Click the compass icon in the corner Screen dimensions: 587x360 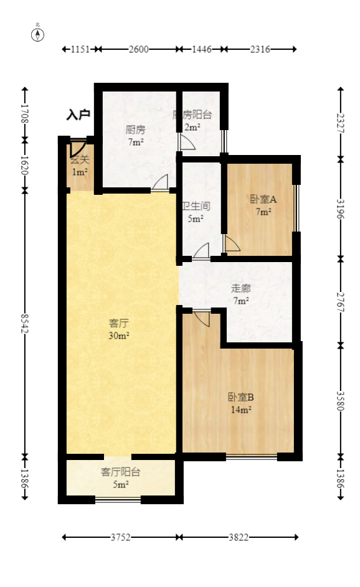tap(38, 34)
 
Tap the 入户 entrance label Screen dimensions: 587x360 tap(79, 115)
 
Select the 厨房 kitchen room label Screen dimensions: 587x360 tap(135, 130)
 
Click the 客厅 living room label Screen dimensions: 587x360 tap(119, 323)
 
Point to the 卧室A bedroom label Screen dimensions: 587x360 tap(263, 199)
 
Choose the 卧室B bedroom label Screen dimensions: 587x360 tap(240, 397)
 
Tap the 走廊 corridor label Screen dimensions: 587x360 tap(240, 288)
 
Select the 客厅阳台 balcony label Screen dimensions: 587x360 tap(120, 472)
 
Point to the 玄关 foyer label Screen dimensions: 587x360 tap(79, 160)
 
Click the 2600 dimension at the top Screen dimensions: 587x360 tap(138, 49)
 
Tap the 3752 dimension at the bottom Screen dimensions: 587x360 tap(120, 537)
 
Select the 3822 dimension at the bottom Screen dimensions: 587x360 tap(239, 537)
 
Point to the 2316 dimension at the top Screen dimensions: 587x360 tap(259, 49)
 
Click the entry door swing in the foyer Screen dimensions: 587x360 tap(77, 148)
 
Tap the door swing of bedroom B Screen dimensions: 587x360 tap(201, 317)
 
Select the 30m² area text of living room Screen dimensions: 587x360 tap(119, 336)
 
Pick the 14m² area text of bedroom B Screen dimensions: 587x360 tap(241, 410)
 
